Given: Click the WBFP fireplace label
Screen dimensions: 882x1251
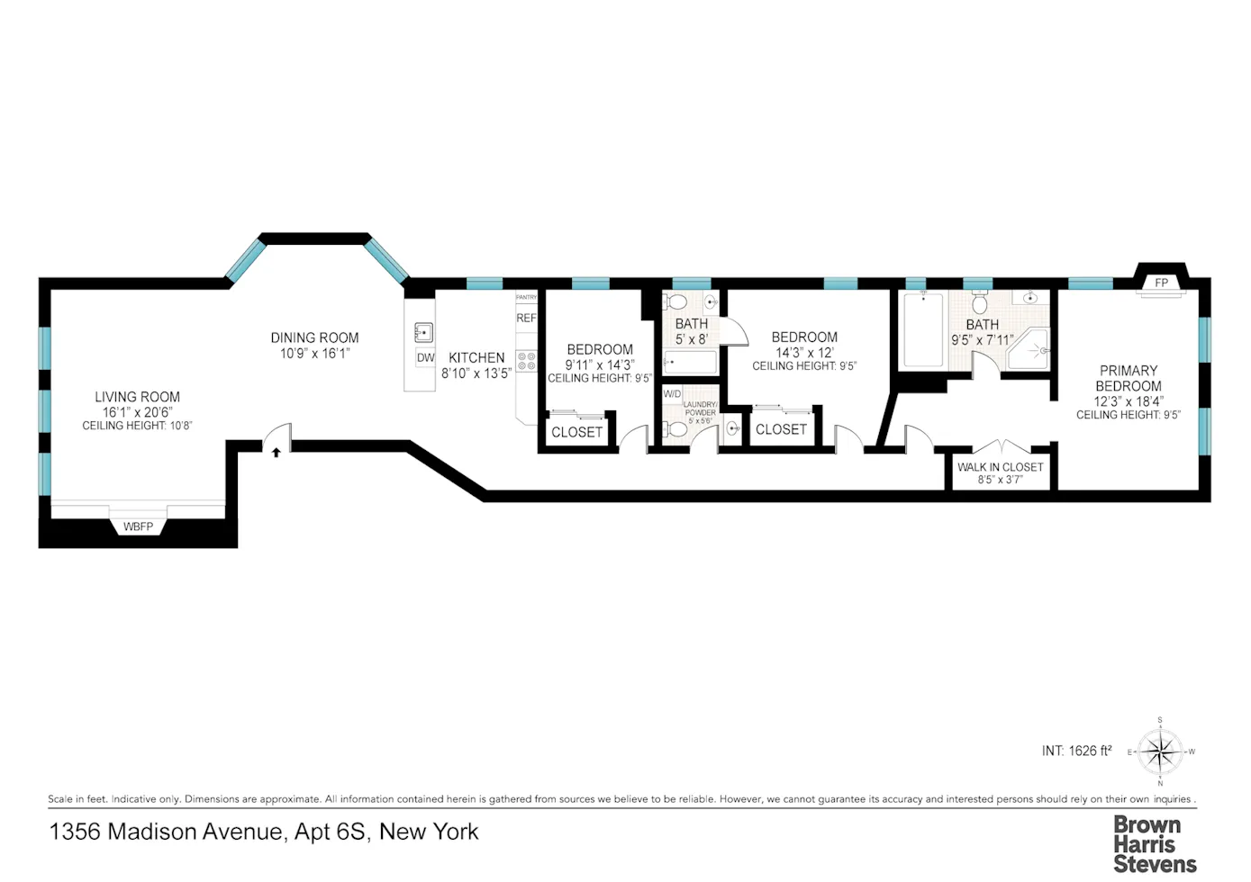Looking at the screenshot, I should pos(138,526).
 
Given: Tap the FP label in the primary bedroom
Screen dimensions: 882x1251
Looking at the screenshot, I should pos(1161,283).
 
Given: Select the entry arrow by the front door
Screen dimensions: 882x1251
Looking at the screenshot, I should pos(276,452).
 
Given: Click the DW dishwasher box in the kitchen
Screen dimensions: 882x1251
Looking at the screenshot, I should pos(425,357).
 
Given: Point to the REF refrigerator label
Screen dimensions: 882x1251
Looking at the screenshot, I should pos(526,318).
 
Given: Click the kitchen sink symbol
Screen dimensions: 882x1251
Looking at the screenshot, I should pos(423,332).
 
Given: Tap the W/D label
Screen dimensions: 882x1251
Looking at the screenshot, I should pos(672,394).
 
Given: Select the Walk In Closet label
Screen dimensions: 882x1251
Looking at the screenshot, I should pos(1000,467).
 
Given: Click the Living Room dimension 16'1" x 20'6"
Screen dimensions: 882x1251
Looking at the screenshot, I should pos(137,412).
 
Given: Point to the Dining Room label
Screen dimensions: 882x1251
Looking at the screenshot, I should pos(314,337).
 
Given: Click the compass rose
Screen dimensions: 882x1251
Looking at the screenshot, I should pos(1160,751).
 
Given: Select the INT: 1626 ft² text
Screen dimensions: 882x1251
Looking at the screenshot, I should pos(1076,751).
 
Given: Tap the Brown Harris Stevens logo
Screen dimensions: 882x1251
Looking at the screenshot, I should pos(1154,844).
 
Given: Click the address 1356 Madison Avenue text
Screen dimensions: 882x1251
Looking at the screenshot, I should pos(263,832).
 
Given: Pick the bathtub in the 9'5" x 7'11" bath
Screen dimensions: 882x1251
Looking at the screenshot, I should pos(923,330).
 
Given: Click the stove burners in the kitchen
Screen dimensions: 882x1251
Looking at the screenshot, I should pos(527,362).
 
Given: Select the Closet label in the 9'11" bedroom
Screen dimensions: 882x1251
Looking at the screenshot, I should pos(576,432).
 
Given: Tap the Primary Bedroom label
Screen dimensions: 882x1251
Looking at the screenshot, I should pos(1128,378).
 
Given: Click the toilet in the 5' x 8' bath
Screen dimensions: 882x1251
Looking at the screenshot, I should pos(678,301).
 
